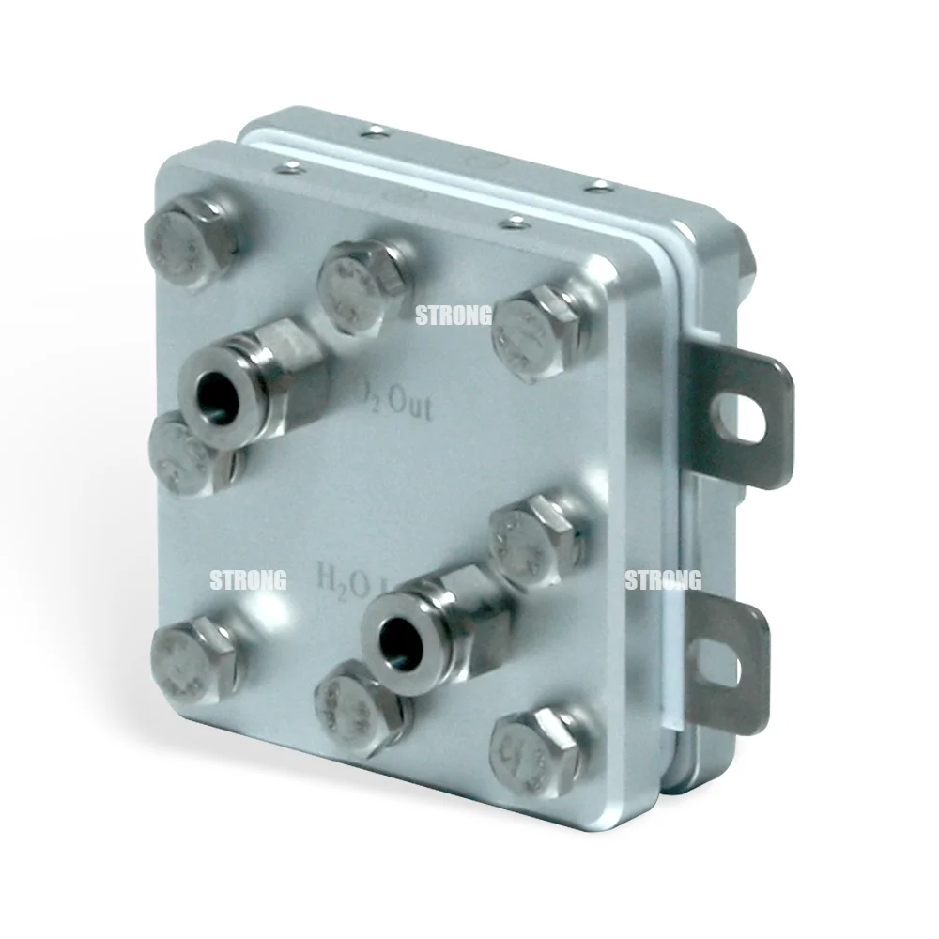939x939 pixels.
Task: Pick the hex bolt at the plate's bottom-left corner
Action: (x=192, y=655)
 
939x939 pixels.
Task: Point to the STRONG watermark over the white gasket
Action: (x=663, y=580)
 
